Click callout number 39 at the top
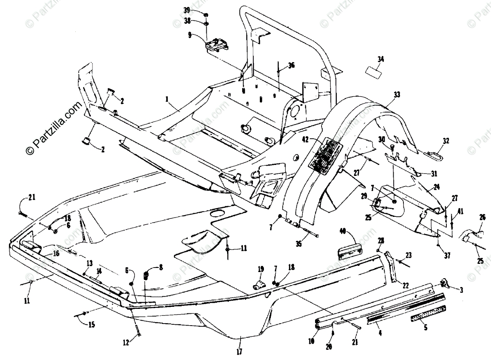coord(198,10)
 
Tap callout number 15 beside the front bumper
coord(91,324)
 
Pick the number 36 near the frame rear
coord(291,65)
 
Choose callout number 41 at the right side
coord(460,211)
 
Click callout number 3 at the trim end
coord(462,290)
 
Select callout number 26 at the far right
coord(482,217)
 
